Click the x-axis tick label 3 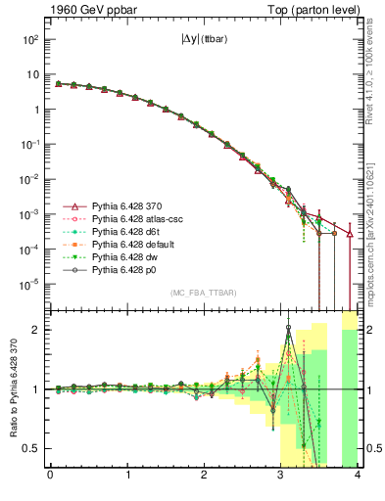tap(280, 478)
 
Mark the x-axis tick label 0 tap(50, 478)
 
